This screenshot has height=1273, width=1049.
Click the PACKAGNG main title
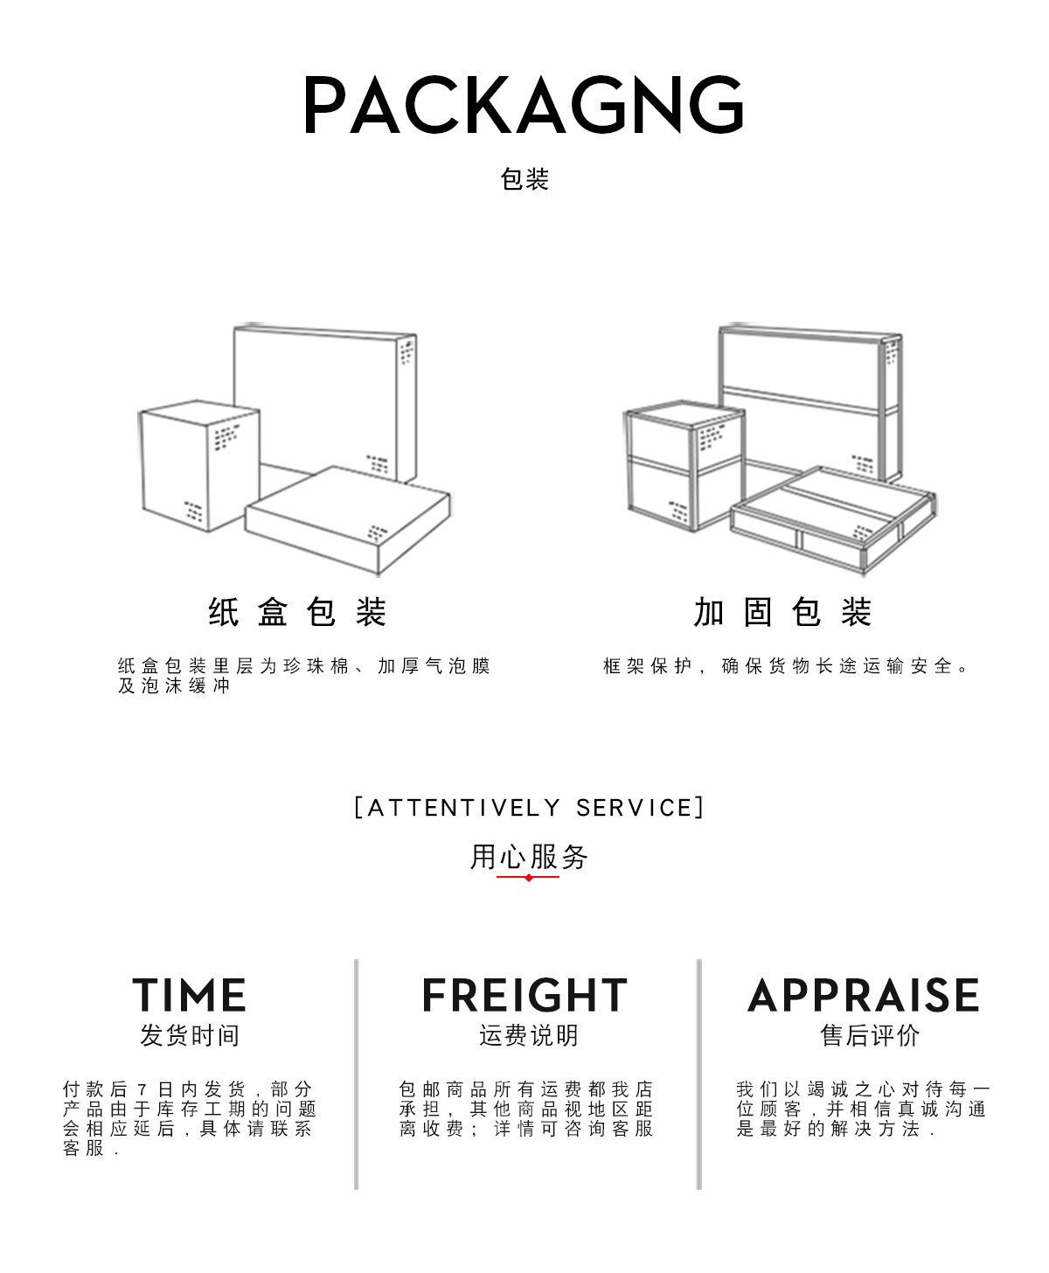tap(524, 105)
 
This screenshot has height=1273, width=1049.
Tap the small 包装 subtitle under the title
tap(524, 179)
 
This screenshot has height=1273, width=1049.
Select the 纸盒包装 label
tap(298, 612)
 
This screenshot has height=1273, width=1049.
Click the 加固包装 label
tap(783, 612)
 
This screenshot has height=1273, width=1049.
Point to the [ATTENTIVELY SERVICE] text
tap(529, 807)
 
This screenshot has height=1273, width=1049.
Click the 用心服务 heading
tap(529, 856)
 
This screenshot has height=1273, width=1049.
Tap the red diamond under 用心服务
tap(529, 877)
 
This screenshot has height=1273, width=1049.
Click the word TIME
tap(190, 995)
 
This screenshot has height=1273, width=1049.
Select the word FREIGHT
tap(524, 995)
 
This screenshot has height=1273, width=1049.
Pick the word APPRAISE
tap(864, 995)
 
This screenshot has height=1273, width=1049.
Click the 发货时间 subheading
tap(190, 1035)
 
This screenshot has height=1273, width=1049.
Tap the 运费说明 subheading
tap(529, 1035)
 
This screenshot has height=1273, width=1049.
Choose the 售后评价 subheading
tap(870, 1035)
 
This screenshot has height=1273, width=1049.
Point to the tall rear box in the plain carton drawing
tap(323, 393)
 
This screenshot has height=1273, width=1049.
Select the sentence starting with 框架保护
tap(787, 666)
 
